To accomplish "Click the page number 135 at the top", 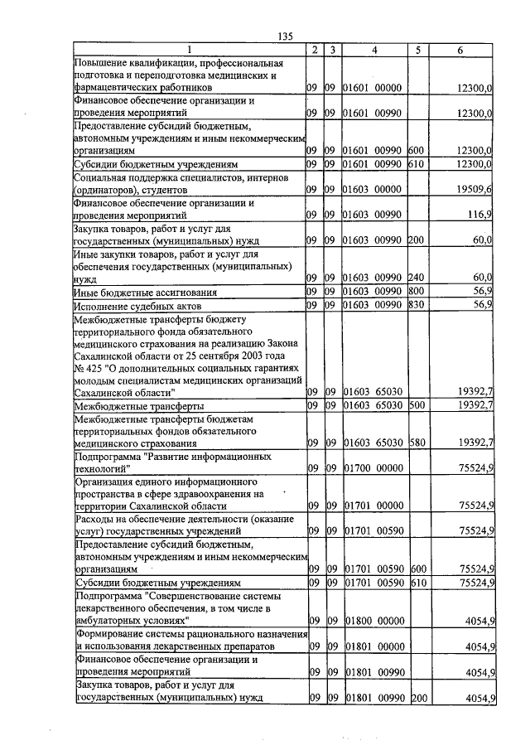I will [286, 36].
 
